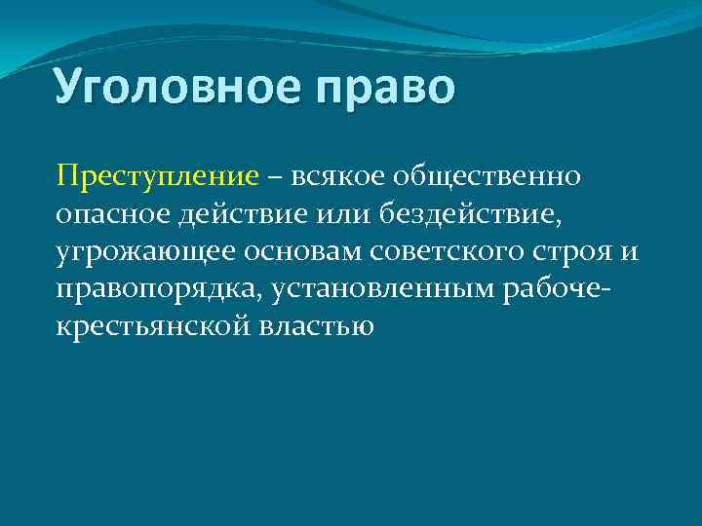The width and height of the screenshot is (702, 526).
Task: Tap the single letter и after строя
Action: click(629, 251)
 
